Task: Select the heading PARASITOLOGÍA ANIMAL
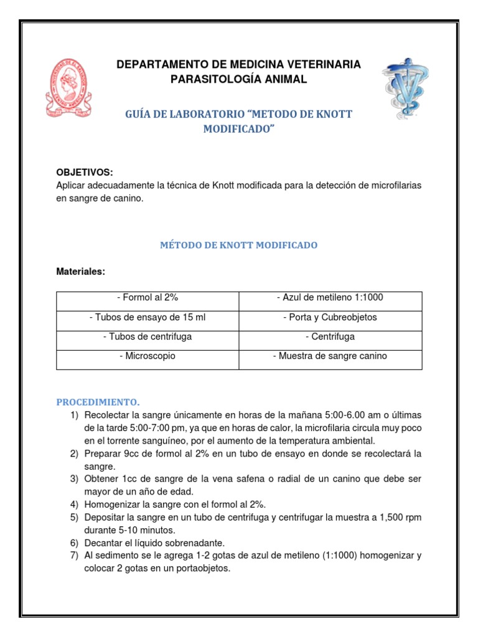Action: [x=239, y=79]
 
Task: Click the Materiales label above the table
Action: [x=81, y=272]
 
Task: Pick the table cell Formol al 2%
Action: [x=148, y=297]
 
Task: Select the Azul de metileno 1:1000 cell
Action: [x=330, y=297]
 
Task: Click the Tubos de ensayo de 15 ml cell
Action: [x=148, y=317]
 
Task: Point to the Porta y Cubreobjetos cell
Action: [x=330, y=317]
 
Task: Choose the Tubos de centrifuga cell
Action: [x=148, y=337]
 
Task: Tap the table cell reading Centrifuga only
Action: [x=330, y=337]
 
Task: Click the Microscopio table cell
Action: [x=148, y=356]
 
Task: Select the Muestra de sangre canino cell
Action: [x=330, y=356]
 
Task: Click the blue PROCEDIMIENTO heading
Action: [x=98, y=402]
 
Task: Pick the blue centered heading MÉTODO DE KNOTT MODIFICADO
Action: [x=239, y=245]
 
